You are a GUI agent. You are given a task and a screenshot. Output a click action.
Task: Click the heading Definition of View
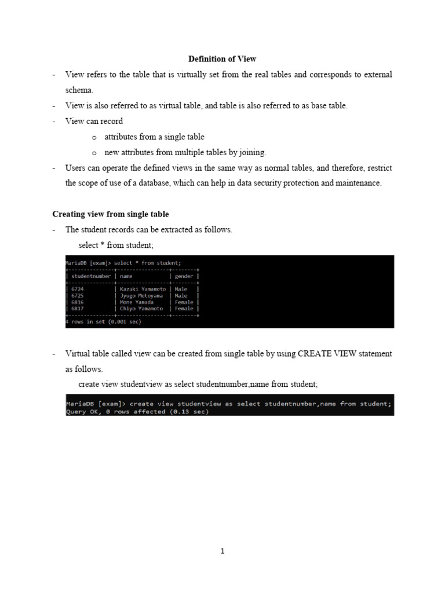click(x=222, y=59)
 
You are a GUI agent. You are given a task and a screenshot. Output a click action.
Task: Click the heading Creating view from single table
click(x=111, y=214)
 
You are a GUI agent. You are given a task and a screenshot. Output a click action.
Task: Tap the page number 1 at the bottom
click(x=222, y=551)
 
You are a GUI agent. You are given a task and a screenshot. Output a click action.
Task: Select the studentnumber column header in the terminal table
click(x=92, y=276)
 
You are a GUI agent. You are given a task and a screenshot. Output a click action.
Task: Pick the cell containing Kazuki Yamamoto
click(x=143, y=289)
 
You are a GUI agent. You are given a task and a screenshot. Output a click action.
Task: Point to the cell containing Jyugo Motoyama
click(x=141, y=295)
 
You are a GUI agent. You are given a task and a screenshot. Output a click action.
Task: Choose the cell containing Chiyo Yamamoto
click(x=141, y=309)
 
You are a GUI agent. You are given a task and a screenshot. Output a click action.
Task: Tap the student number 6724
click(x=77, y=289)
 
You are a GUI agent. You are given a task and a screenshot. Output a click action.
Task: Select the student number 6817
click(x=77, y=309)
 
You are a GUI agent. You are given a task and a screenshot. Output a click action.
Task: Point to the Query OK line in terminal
click(x=137, y=412)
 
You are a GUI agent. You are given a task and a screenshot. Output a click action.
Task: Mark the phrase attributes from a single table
click(x=154, y=137)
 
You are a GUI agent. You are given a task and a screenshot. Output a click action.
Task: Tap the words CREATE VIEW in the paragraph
click(x=328, y=353)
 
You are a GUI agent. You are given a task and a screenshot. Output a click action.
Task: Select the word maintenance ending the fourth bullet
click(x=359, y=183)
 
